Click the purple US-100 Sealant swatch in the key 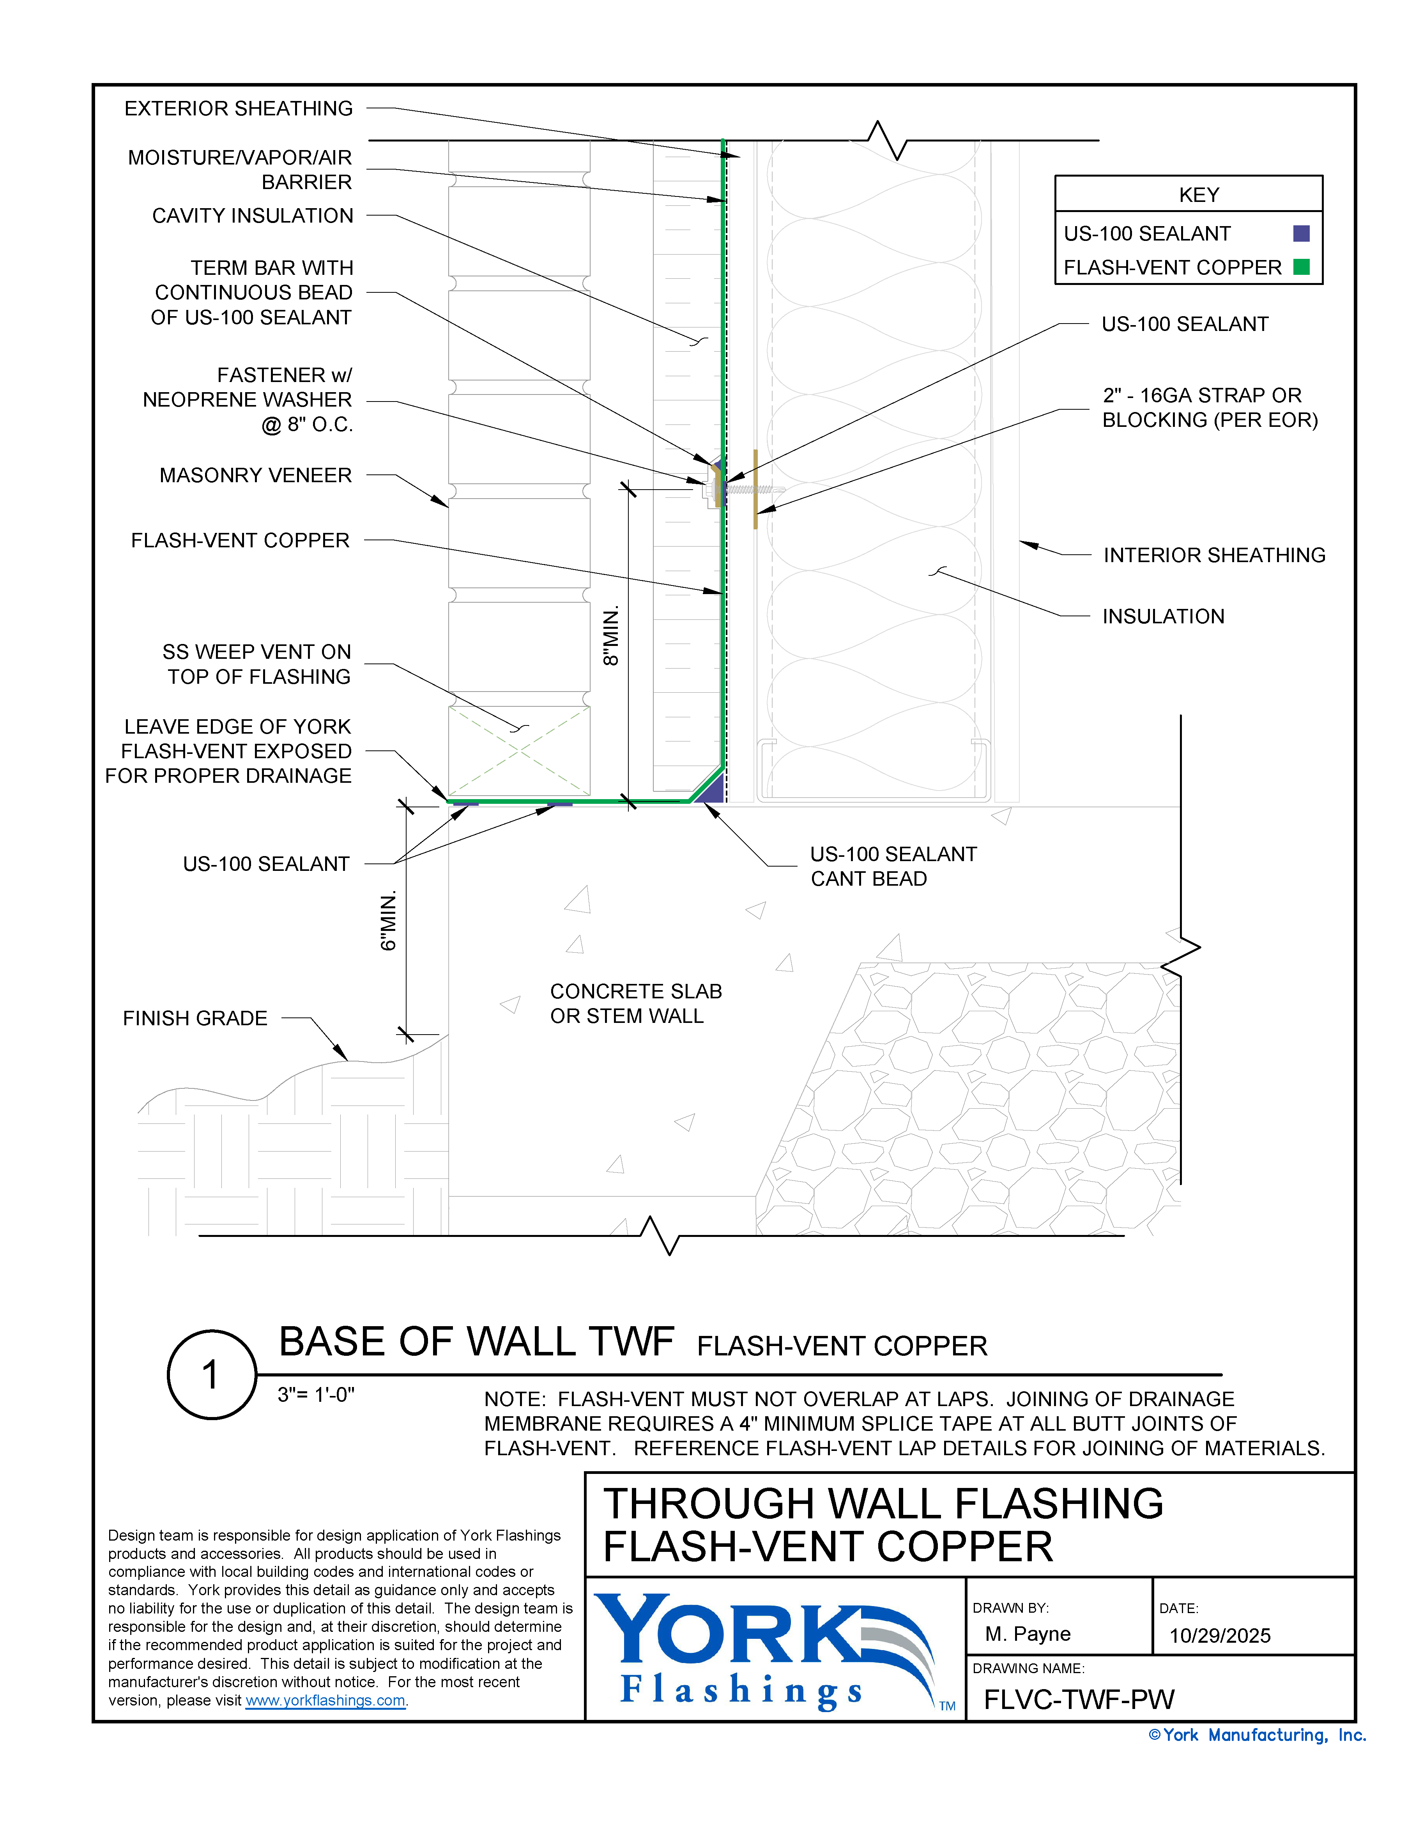[x=1301, y=234]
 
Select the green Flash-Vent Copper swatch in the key [x=1301, y=267]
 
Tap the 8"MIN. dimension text [x=611, y=635]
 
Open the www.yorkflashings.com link [x=325, y=1700]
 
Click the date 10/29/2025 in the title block [x=1220, y=1636]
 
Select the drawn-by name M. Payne [x=1028, y=1634]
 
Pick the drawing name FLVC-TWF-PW [x=1079, y=1699]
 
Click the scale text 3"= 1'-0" [x=316, y=1394]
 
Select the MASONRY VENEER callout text [x=256, y=475]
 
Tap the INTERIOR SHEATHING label [x=1214, y=555]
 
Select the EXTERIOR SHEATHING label [x=239, y=109]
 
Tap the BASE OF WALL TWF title [x=476, y=1342]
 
